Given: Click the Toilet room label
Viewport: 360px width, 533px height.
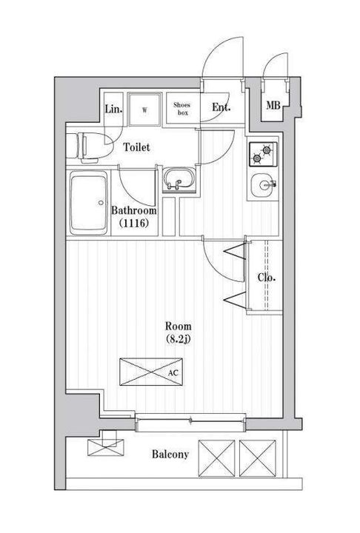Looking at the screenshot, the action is pos(136,147).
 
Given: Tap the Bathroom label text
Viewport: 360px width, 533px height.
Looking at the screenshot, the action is pos(134,210).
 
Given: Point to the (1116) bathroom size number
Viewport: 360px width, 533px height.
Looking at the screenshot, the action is pos(134,224).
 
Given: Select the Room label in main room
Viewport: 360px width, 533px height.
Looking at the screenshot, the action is pos(179,326).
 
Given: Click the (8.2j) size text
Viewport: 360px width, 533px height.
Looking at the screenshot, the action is pos(178,339).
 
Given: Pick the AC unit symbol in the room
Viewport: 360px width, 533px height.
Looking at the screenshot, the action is pos(151,372).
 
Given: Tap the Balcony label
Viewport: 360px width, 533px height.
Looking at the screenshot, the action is pos(170,454).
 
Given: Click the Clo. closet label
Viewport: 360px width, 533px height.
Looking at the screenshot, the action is pos(267,278).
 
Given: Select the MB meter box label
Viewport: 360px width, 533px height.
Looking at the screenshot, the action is pos(273,106).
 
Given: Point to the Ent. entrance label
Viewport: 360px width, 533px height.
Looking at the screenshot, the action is pos(221,107).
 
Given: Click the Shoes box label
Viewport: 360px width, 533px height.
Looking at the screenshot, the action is pos(182,109).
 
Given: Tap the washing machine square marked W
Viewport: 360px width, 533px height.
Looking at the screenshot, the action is pos(144,109).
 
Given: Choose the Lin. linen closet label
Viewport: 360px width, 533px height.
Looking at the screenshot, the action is pos(113,109).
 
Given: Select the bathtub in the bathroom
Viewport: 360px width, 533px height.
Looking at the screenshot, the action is pos(89,203).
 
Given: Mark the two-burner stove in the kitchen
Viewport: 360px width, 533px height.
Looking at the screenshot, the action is pos(263,154).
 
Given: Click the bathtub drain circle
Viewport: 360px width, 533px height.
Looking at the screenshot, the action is pos(101,203).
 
